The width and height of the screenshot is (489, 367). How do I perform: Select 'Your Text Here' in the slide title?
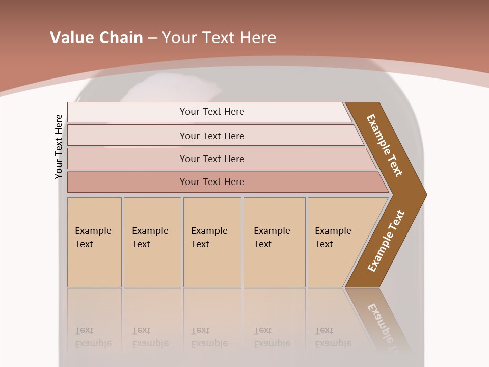[219, 38]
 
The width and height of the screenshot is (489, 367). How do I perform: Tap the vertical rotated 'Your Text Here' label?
[59, 146]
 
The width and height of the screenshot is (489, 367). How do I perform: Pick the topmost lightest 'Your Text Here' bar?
[211, 112]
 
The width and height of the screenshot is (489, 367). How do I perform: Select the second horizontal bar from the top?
[211, 136]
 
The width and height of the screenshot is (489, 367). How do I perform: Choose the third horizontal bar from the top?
[211, 159]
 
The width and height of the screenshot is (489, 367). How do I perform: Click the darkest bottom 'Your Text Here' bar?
[211, 182]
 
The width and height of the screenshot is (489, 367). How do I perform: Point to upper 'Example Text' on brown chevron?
[385, 145]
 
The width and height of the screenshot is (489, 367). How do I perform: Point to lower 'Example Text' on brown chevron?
[386, 241]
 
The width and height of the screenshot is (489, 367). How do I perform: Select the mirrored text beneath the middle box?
[209, 337]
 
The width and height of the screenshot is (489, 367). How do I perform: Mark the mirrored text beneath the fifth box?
[333, 337]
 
